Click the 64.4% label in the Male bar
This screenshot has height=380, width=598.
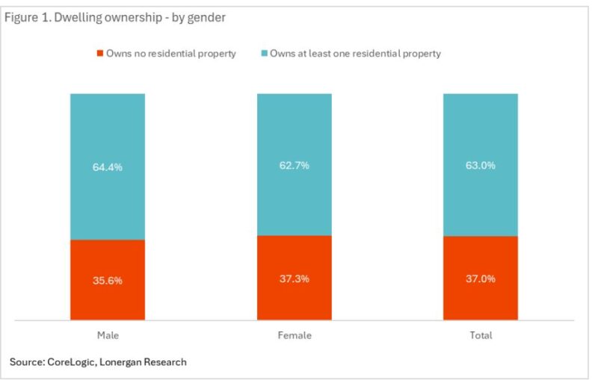coord(108,167)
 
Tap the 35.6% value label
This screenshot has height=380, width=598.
coord(108,281)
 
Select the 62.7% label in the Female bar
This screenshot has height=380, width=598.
coord(294,165)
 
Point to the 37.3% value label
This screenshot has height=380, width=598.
coord(294,278)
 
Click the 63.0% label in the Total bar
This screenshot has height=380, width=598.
coord(480,165)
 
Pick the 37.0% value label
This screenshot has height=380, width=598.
coord(480,278)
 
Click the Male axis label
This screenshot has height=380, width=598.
coord(108,335)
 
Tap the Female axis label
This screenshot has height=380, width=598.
coord(294,335)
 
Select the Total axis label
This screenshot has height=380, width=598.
coord(481,335)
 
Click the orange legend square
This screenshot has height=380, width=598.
coord(99,54)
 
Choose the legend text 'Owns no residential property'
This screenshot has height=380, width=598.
coord(170,54)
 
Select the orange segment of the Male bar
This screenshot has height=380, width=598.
coord(108,299)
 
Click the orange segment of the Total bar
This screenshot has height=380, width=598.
coord(480,299)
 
